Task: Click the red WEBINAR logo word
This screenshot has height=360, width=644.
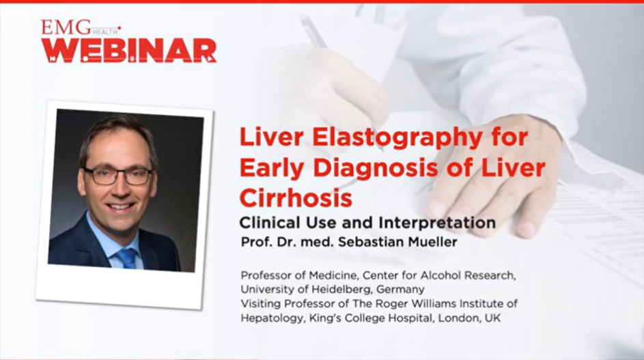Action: (128, 51)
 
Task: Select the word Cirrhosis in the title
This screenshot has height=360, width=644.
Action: (295, 197)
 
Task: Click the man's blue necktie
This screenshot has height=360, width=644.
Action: (127, 257)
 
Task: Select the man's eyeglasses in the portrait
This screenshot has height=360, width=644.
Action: (117, 176)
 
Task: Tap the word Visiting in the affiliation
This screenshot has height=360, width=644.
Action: (262, 303)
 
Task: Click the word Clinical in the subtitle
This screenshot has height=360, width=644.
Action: (268, 223)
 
